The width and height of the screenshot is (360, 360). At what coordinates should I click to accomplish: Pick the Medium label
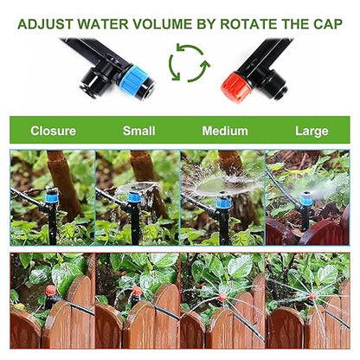click(x=225, y=132)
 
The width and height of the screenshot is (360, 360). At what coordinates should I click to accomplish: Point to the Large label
click(x=312, y=132)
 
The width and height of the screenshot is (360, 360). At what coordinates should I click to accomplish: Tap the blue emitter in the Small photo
click(x=134, y=199)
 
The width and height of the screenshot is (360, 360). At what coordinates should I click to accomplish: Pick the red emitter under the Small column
click(x=136, y=292)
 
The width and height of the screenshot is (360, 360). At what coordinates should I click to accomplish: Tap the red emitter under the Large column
click(x=312, y=297)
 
